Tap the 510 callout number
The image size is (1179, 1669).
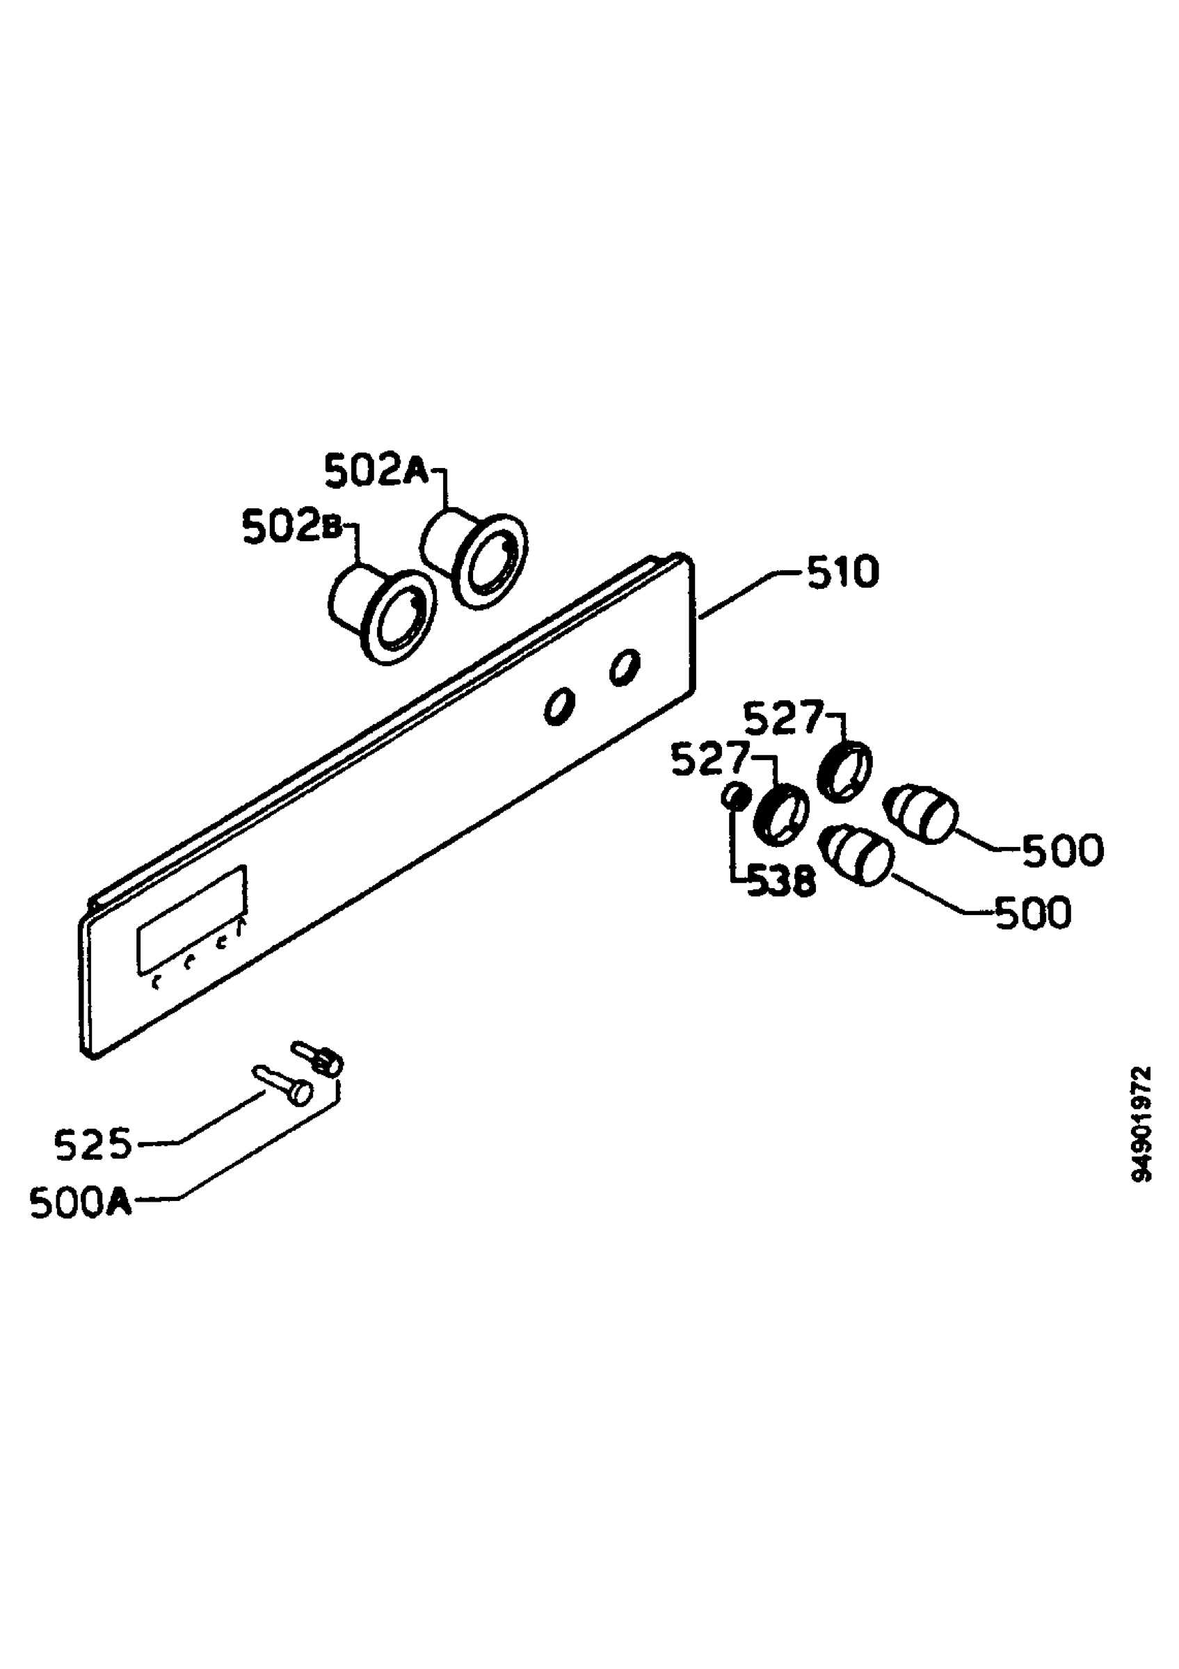842,572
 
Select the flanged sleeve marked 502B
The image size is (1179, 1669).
383,613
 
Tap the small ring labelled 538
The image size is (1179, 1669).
735,797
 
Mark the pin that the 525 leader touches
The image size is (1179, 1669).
284,1086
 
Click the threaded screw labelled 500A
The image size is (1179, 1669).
318,1058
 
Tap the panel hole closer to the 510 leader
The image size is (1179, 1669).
625,667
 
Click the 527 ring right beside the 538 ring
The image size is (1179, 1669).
781,814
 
